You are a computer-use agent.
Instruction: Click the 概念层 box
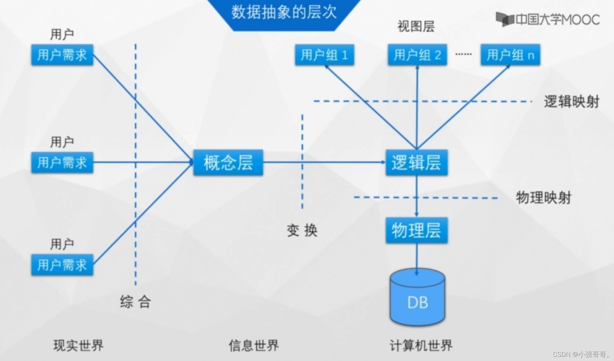(228, 163)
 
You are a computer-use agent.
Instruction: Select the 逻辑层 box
(416, 163)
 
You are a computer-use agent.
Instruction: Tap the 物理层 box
(416, 230)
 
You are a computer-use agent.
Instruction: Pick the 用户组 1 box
(324, 55)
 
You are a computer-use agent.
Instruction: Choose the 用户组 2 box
(417, 55)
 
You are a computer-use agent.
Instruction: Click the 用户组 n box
(510, 55)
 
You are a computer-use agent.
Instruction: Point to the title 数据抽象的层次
(284, 12)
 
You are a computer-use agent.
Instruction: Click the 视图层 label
(416, 26)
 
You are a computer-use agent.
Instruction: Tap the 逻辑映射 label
(571, 102)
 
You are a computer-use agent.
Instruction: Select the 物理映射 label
(543, 198)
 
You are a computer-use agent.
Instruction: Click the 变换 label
(302, 231)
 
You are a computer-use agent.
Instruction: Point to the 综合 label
(135, 302)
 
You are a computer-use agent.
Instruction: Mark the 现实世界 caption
(78, 346)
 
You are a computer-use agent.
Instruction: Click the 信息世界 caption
(254, 346)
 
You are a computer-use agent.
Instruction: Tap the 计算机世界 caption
(421, 346)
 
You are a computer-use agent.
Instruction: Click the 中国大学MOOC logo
(548, 19)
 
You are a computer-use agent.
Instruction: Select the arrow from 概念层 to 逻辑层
(324, 162)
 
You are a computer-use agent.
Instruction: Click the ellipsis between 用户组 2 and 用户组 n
(463, 54)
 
